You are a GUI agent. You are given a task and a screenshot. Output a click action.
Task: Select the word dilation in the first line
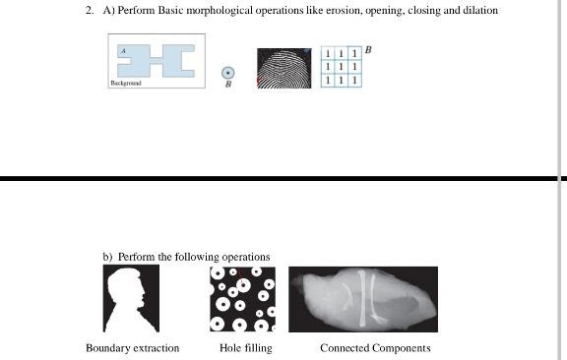point(476,11)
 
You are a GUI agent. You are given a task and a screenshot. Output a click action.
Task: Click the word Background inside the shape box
point(126,84)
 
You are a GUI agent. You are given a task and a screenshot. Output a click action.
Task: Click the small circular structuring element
point(228,72)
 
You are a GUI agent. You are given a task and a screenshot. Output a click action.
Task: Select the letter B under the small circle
point(228,85)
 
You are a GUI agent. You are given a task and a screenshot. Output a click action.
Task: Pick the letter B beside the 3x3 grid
point(368,47)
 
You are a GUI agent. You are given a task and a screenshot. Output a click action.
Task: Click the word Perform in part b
point(136,258)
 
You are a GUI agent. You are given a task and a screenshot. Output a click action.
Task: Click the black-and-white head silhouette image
point(131,299)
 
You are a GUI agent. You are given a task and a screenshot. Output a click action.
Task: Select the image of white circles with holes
point(242,299)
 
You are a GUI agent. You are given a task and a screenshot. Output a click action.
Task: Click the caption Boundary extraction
point(133,348)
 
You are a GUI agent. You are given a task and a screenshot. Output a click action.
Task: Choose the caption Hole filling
point(246,348)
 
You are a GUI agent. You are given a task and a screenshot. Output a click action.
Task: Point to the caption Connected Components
point(375,348)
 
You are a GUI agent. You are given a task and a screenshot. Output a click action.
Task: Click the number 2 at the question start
point(88,11)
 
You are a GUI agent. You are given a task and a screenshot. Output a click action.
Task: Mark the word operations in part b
point(246,258)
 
